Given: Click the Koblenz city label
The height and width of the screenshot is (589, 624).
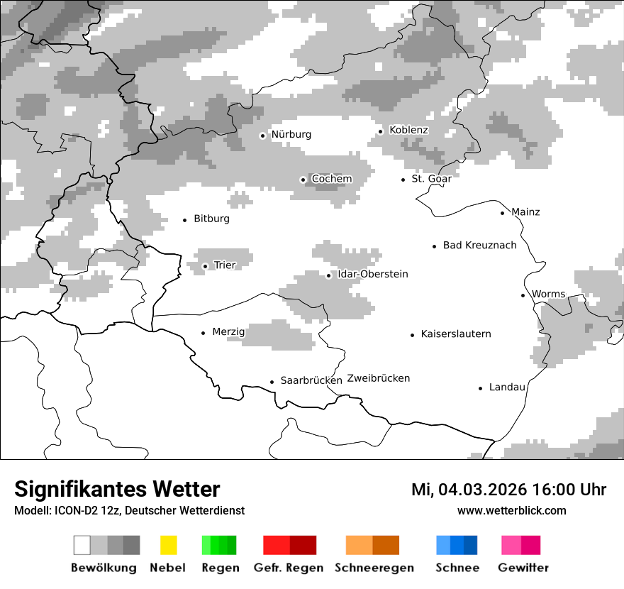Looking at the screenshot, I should (x=408, y=130).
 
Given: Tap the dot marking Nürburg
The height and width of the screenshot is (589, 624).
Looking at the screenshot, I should (x=262, y=136).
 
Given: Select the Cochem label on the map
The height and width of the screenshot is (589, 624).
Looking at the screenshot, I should (x=332, y=179).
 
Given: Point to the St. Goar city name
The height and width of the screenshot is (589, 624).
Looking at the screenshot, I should (x=431, y=179).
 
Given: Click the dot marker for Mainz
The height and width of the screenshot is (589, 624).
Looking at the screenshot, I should (x=503, y=213).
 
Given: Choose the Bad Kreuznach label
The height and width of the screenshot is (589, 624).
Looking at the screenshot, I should (x=479, y=246).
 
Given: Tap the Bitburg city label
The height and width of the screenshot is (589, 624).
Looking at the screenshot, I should (x=211, y=219).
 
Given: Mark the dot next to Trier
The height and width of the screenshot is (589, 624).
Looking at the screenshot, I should (x=205, y=267).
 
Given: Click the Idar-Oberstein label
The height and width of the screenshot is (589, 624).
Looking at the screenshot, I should (x=372, y=275).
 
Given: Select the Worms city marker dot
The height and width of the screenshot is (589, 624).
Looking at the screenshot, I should (x=523, y=295).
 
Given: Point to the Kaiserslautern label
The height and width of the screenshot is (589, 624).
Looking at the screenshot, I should (x=455, y=334).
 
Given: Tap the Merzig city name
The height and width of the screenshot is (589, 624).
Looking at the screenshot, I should (x=228, y=332).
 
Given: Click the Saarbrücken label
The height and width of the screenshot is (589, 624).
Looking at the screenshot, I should (x=311, y=381).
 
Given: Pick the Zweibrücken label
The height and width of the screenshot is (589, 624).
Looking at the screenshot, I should (x=379, y=378).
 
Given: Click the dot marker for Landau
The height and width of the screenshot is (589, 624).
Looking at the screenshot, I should (x=481, y=388).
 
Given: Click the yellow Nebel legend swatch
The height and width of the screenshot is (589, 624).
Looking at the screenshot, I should (x=168, y=545).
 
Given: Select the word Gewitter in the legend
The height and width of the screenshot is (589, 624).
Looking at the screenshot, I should (x=523, y=568).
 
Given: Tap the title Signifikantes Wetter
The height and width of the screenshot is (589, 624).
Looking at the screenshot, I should (x=117, y=490).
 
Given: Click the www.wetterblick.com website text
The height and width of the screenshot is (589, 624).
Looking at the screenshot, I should (x=511, y=511).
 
